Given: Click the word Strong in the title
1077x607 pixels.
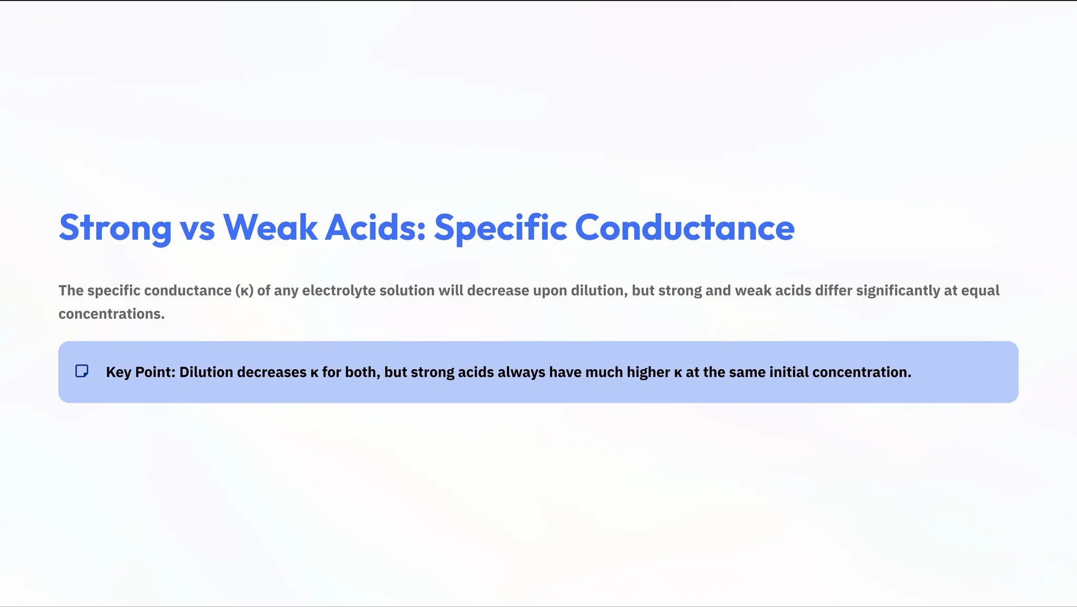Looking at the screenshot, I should (x=115, y=228).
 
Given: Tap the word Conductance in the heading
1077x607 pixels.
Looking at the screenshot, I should (x=684, y=228).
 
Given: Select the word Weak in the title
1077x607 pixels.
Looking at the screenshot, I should (x=270, y=228).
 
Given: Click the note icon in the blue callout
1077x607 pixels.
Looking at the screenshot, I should (x=82, y=371).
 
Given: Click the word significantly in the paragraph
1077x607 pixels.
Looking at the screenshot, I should (x=898, y=291).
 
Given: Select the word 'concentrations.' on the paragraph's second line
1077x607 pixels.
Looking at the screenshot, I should (x=111, y=314).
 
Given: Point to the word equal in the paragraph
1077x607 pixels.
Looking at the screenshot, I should (x=980, y=291).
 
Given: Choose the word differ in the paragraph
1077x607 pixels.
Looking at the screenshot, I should (x=834, y=291).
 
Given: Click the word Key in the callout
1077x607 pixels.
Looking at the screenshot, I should (x=118, y=372).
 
